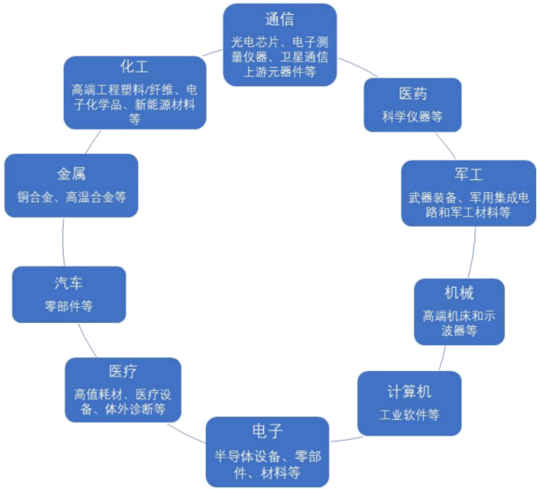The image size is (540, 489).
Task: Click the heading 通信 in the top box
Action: pyautogui.click(x=280, y=19)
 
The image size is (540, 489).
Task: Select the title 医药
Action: pyautogui.click(x=412, y=94)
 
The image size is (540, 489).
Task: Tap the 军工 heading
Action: pyautogui.click(x=468, y=175)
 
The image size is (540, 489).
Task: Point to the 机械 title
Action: pyautogui.click(x=459, y=292)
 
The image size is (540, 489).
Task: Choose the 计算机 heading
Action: pyautogui.click(x=410, y=391)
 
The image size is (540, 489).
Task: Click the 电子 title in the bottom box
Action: pyautogui.click(x=267, y=432)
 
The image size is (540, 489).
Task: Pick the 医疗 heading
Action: pyautogui.click(x=123, y=372)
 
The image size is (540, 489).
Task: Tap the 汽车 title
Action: pyautogui.click(x=68, y=284)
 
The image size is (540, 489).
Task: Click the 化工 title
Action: pyautogui.click(x=135, y=67)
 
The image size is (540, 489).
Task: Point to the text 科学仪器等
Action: pyautogui.click(x=412, y=117)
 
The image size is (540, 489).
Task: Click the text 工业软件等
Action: pyautogui.click(x=410, y=415)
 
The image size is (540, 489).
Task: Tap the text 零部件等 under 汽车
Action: pyautogui.click(x=68, y=306)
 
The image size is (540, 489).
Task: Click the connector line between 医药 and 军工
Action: pyautogui.click(x=446, y=145)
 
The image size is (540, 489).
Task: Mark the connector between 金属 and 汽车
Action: pyautogui.click(x=63, y=241)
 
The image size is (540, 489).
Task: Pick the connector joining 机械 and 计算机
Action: pyautogui.click(x=443, y=358)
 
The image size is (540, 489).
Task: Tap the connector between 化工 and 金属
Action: pyautogui.click(x=93, y=141)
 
